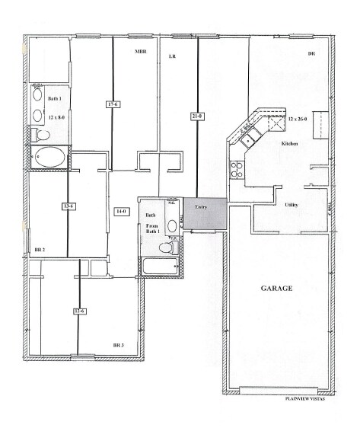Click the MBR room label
pos(141,52)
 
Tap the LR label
pos(172,56)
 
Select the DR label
pos(311,54)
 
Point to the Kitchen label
pos(288,143)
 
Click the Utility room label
pos(292,205)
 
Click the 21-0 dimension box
pos(197,116)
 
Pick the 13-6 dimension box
pos(68,206)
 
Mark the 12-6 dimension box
pos(79,311)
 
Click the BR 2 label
pos(40,249)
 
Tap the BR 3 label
pos(119,346)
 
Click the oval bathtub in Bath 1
pos(49,158)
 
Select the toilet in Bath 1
pos(40,135)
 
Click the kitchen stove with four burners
pos(237,168)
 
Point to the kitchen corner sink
pos(248,138)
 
